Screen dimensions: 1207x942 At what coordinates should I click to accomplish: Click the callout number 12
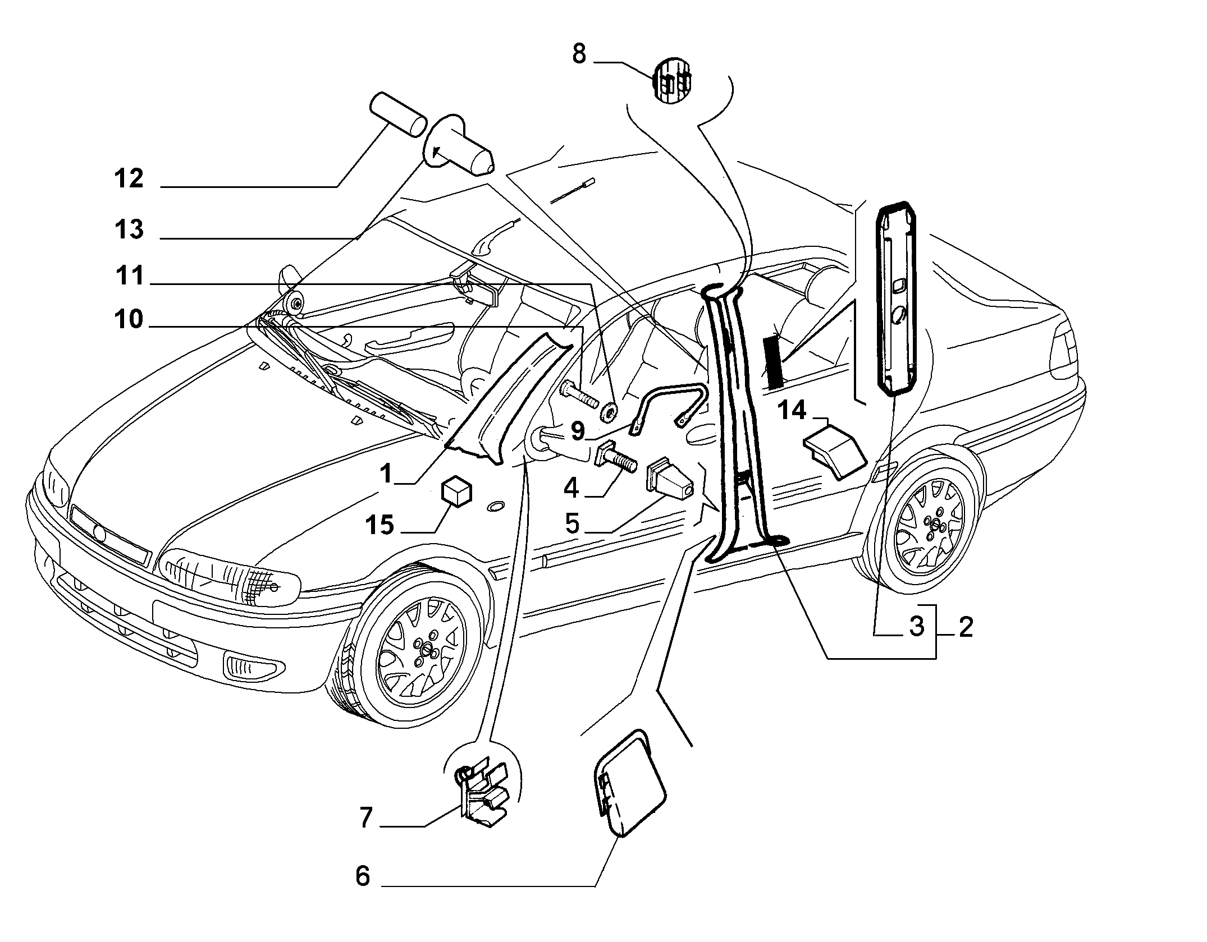click(x=129, y=179)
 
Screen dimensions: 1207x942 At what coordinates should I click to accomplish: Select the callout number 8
click(x=579, y=54)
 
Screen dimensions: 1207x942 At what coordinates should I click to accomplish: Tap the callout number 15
click(x=380, y=526)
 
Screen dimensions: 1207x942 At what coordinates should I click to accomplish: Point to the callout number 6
click(x=363, y=876)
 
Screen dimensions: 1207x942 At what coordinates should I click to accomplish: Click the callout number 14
click(x=792, y=411)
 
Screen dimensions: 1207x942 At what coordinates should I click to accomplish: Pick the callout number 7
click(x=365, y=819)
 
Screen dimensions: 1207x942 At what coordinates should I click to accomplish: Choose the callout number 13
click(x=129, y=229)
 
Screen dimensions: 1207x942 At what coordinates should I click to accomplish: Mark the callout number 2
click(x=966, y=627)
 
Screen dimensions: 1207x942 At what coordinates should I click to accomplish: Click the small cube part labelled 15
click(x=458, y=492)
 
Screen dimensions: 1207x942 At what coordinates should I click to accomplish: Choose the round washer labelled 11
click(x=610, y=412)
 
